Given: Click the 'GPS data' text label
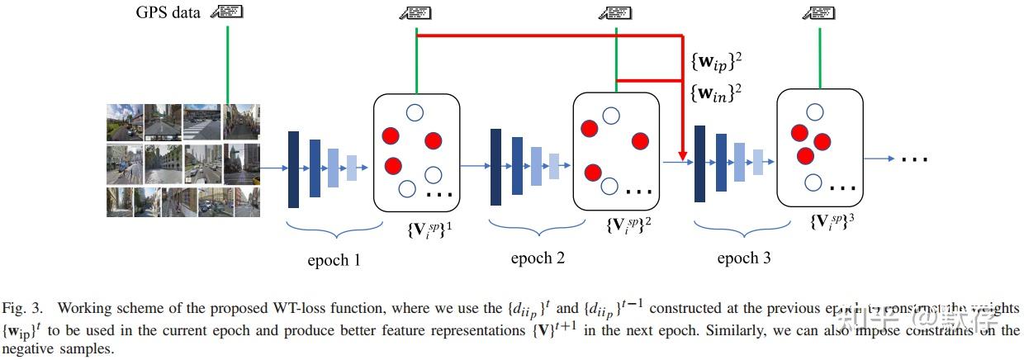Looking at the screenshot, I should pyautogui.click(x=168, y=12).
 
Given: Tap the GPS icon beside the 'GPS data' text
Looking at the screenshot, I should pyautogui.click(x=226, y=12).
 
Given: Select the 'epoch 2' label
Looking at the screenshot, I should pyautogui.click(x=538, y=258).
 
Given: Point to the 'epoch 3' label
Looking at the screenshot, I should pyautogui.click(x=743, y=258).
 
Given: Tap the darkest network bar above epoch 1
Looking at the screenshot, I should pyautogui.click(x=294, y=169).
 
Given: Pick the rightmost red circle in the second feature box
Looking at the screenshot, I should pyautogui.click(x=640, y=141).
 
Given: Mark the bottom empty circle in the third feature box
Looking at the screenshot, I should pyautogui.click(x=813, y=182).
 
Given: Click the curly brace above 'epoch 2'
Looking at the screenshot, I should pyautogui.click(x=529, y=228).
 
